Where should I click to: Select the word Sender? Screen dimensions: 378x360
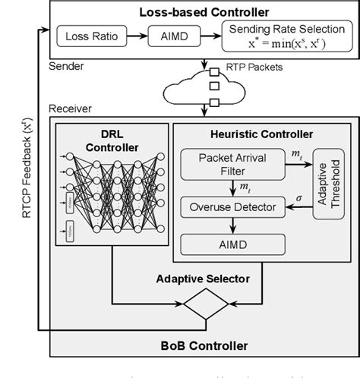66,66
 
